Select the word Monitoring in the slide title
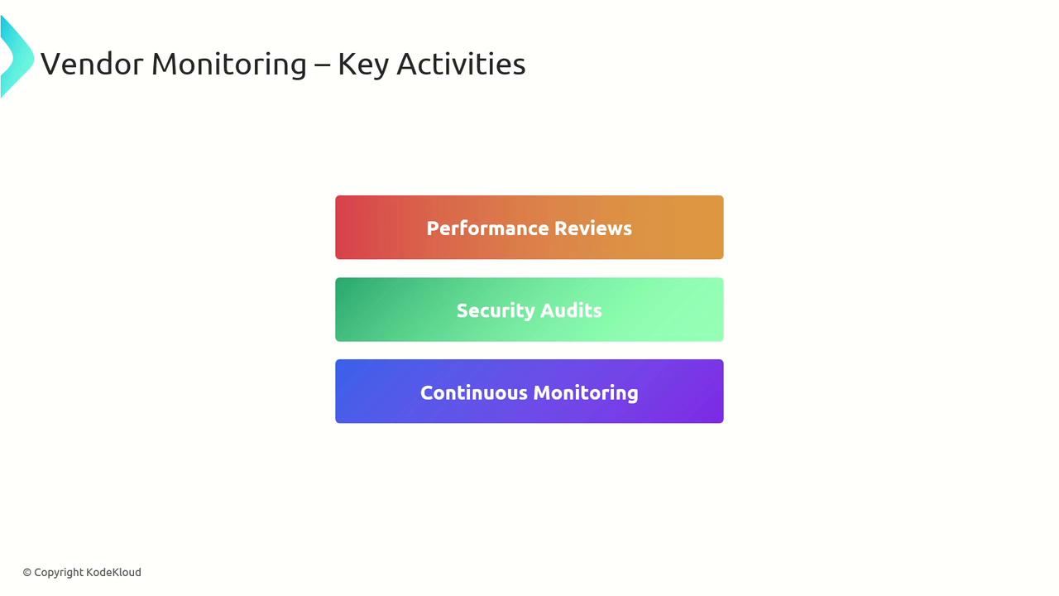[x=229, y=65]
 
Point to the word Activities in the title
[x=461, y=64]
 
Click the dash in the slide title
[x=322, y=65]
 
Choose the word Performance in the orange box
[x=488, y=228]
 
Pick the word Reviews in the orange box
[x=593, y=228]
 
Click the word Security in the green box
[x=496, y=311]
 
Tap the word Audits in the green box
[x=571, y=310]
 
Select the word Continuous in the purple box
[x=474, y=393]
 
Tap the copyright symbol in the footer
[x=27, y=573]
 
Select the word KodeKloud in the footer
[x=113, y=572]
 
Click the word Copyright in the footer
[x=59, y=573]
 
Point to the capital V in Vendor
[x=51, y=65]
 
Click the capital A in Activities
[x=408, y=65]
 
